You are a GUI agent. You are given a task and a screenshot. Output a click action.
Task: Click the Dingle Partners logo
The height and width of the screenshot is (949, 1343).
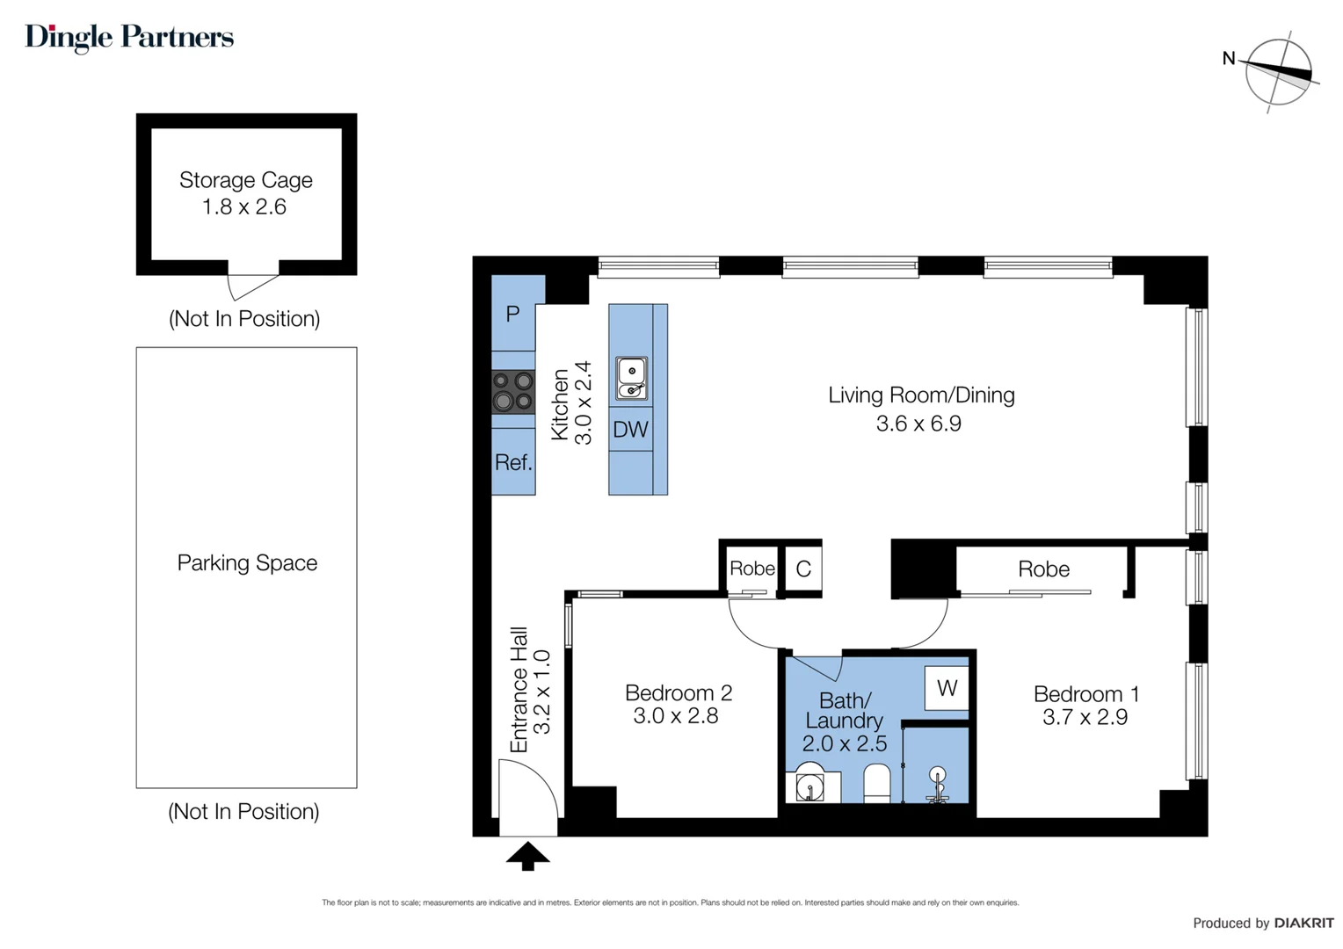(x=129, y=37)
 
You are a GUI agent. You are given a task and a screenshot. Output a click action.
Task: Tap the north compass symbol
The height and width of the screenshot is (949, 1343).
(x=1278, y=72)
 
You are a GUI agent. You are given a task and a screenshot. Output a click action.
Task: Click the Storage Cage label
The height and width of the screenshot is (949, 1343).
(x=245, y=180)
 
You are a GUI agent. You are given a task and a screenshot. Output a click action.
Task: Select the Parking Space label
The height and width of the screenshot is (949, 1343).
(x=247, y=563)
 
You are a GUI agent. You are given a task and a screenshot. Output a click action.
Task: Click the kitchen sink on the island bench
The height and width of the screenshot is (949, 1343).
(x=631, y=379)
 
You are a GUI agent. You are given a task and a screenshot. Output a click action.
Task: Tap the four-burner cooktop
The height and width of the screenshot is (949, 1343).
(x=512, y=391)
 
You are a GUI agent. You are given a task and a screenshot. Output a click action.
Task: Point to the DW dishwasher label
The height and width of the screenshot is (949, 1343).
(x=630, y=430)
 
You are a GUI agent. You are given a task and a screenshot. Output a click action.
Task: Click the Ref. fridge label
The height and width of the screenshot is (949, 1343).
(x=513, y=463)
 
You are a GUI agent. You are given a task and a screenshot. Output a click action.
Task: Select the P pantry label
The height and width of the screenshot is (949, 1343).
(x=512, y=314)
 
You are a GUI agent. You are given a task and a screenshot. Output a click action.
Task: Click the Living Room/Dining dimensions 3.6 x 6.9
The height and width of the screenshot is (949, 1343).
(x=918, y=424)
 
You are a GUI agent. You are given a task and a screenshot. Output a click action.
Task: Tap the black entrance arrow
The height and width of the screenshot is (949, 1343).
(x=527, y=856)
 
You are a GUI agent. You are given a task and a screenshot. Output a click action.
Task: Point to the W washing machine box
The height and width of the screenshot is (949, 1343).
(x=947, y=688)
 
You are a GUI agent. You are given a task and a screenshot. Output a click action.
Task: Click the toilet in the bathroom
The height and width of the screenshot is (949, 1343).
(x=877, y=783)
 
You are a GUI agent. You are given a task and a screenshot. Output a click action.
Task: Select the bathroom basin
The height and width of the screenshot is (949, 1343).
(x=809, y=784)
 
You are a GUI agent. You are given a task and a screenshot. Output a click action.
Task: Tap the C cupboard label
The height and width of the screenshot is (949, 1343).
(x=803, y=569)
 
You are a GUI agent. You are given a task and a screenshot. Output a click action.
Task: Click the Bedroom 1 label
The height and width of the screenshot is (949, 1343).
(x=1085, y=694)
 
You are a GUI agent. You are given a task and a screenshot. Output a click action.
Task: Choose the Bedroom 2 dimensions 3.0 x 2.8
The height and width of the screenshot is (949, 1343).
(x=675, y=716)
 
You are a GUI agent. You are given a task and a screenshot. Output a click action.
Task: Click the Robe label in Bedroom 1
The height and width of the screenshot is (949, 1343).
(x=1043, y=569)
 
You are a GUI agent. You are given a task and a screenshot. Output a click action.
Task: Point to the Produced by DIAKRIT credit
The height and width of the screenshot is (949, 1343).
(x=1263, y=923)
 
